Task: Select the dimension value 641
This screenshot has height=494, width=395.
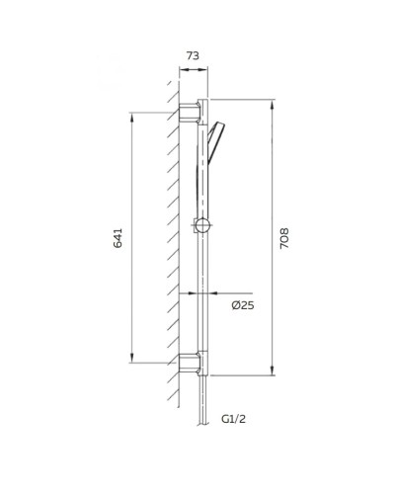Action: [118, 237]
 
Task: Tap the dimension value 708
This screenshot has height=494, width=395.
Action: [285, 237]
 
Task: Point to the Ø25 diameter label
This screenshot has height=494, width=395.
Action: [242, 306]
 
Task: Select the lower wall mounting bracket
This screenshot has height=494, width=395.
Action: [190, 364]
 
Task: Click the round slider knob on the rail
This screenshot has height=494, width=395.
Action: [203, 226]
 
